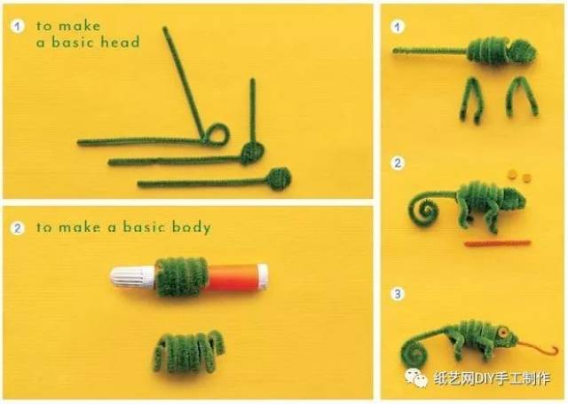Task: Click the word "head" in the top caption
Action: coord(120,43)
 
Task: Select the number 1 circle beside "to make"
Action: coord(17,26)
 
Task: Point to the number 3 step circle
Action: coord(398,294)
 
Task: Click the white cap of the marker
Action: coord(132,277)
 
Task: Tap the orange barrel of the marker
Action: coord(236,277)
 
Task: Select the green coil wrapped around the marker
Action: coord(181,277)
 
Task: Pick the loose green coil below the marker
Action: coord(188,353)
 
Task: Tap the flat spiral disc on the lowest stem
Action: coord(279,178)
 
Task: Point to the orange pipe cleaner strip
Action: coord(497,243)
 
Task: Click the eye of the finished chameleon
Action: coord(503,332)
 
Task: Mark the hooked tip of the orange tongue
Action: coord(555,350)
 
